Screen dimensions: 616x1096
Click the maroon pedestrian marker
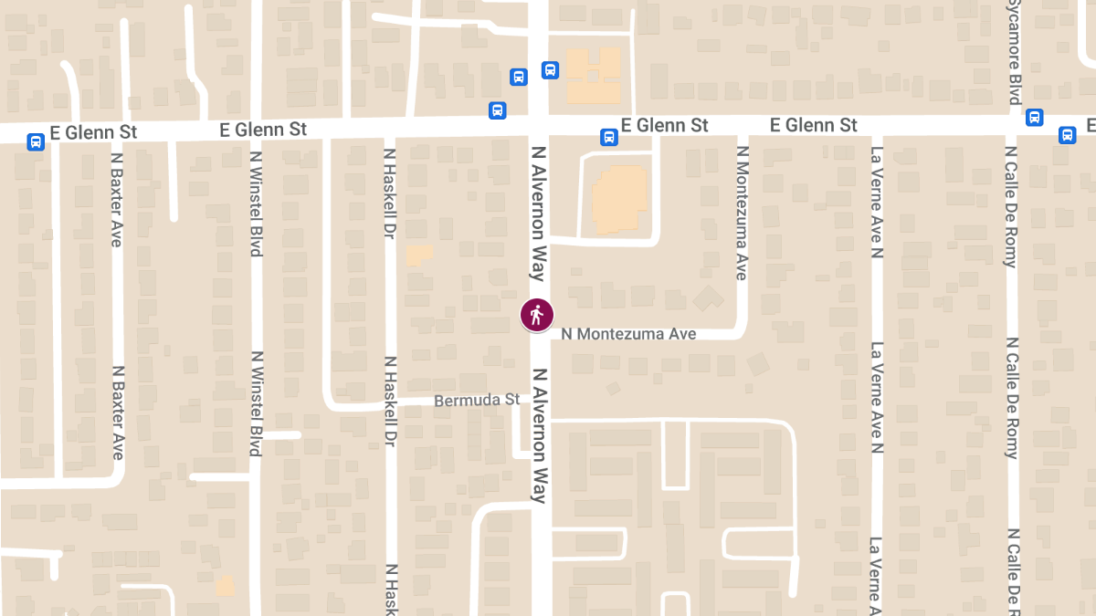tap(536, 314)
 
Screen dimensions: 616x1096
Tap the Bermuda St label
tap(477, 400)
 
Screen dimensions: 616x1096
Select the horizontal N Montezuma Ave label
tap(628, 334)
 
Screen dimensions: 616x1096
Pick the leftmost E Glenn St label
tap(94, 132)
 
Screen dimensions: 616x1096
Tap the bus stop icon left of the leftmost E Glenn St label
tap(36, 141)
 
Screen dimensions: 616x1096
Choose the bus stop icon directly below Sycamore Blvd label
tap(1034, 117)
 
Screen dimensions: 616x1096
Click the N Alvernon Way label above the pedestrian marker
tap(539, 213)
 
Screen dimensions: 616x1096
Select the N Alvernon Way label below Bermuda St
tap(539, 435)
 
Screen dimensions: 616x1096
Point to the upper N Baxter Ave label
tap(116, 200)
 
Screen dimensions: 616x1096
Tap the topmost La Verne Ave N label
tap(877, 202)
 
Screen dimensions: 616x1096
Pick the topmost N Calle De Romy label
tap(1011, 207)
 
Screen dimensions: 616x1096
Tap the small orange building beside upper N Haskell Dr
tap(418, 255)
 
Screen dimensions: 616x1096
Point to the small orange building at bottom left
tap(225, 585)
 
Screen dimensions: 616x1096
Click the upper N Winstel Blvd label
tap(257, 200)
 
